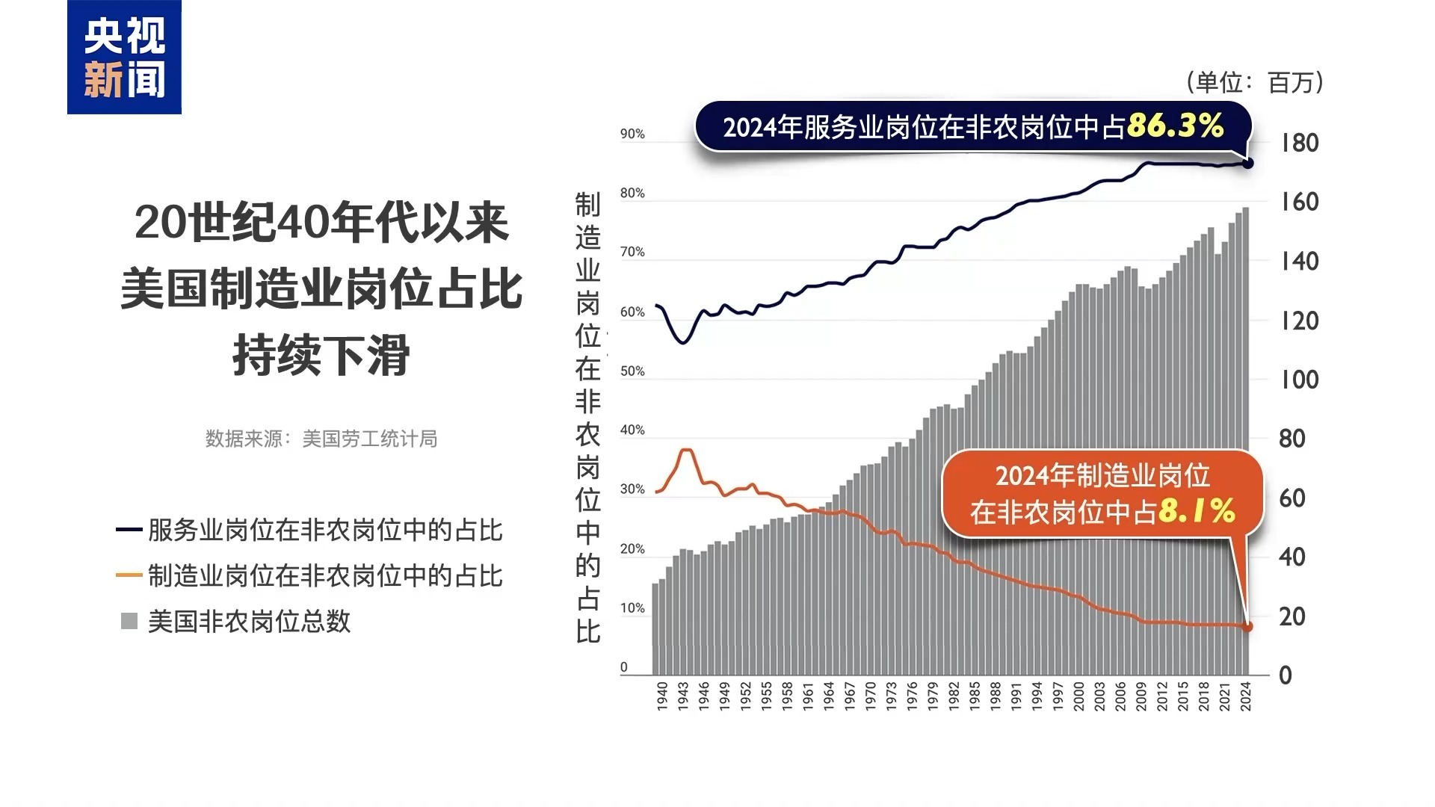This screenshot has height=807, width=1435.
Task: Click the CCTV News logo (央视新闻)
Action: tap(124, 58)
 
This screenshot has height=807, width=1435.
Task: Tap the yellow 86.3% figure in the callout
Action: tap(1175, 126)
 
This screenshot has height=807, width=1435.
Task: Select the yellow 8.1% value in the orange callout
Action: tap(1196, 512)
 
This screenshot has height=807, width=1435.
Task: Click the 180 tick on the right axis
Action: tap(1299, 143)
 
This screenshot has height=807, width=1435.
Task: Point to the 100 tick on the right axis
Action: tap(1299, 380)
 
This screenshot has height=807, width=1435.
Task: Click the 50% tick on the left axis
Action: tap(632, 371)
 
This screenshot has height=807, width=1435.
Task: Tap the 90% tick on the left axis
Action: tap(632, 134)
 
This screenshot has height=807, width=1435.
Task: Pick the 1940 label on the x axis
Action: tap(662, 696)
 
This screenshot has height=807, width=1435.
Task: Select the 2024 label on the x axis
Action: tap(1245, 696)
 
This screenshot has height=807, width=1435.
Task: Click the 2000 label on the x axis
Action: tap(1078, 696)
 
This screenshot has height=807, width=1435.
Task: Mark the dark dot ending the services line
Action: tap(1247, 163)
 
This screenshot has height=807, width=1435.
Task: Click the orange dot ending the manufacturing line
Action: tap(1247, 627)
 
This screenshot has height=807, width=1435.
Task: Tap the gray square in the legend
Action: tap(129, 621)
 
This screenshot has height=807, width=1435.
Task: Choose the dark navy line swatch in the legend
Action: tap(129, 530)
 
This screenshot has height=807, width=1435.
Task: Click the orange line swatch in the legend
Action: tap(129, 575)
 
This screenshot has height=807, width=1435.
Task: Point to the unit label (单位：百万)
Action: tap(1255, 82)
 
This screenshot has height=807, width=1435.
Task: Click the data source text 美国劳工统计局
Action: tap(369, 439)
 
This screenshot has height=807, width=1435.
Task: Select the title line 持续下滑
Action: tap(321, 355)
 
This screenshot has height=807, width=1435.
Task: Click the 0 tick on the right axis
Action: tap(1286, 675)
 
